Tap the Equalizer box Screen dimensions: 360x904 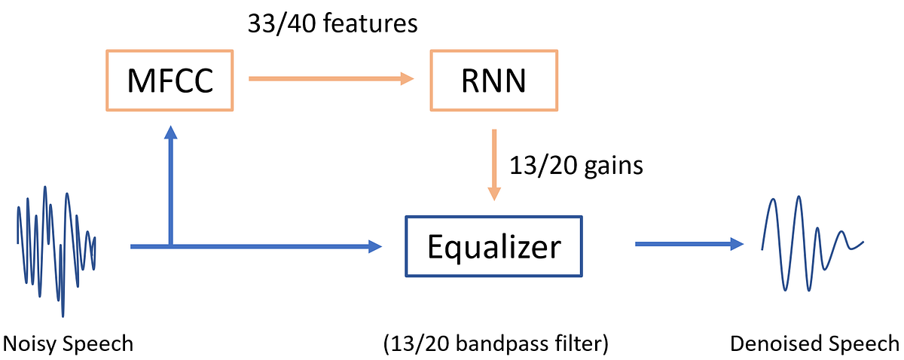(x=493, y=246)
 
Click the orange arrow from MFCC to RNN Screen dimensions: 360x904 (x=331, y=78)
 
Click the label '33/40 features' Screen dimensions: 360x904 (x=332, y=24)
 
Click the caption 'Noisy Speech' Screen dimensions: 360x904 (x=68, y=344)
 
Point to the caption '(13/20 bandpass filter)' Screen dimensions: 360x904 (x=495, y=344)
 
